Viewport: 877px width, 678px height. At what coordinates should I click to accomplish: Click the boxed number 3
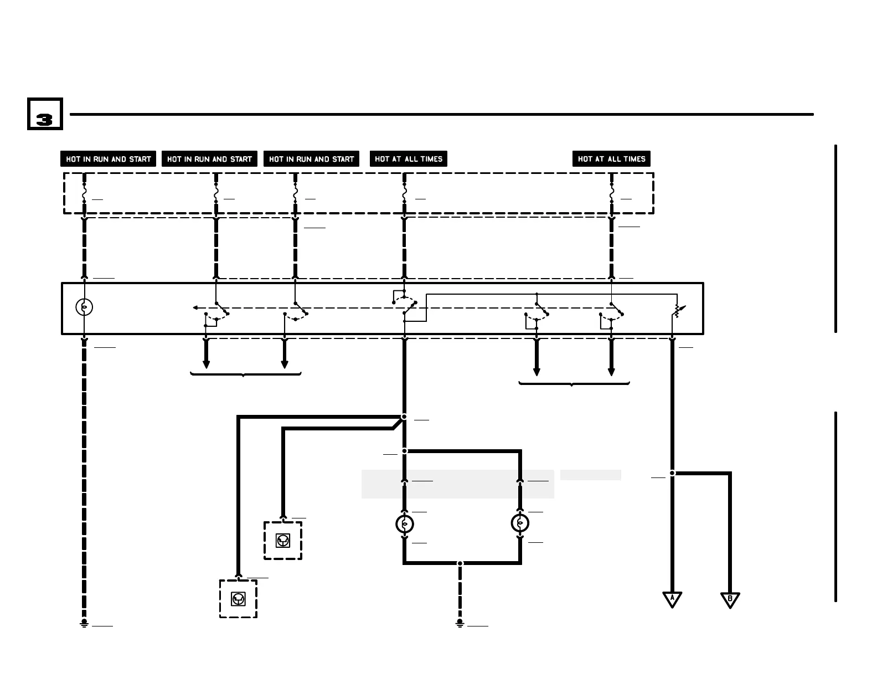tap(45, 115)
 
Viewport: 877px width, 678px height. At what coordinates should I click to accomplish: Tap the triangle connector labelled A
tap(672, 599)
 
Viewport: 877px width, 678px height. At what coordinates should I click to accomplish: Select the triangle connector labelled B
tap(730, 599)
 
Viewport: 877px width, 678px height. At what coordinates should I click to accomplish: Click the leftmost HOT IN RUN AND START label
tap(109, 159)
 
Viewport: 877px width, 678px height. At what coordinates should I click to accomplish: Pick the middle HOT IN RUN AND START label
tap(209, 159)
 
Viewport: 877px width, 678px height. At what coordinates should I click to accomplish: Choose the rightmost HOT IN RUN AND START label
tap(311, 159)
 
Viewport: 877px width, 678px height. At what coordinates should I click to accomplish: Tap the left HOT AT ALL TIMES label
tap(409, 159)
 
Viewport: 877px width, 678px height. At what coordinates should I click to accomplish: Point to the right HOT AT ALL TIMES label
tap(611, 159)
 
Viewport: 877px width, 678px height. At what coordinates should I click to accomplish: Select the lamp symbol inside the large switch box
tap(84, 307)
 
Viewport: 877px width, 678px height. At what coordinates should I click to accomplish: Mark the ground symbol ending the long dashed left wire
tap(84, 624)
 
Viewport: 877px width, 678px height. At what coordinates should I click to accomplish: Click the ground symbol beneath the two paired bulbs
tap(460, 624)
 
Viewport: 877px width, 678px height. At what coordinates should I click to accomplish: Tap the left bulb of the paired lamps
tap(405, 523)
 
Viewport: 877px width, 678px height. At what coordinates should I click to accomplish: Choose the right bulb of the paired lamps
tap(520, 523)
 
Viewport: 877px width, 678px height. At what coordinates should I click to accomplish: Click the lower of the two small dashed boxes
tap(238, 599)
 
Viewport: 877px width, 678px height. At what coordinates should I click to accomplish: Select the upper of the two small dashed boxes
tap(283, 541)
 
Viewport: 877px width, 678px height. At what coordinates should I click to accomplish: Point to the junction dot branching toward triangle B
tap(672, 473)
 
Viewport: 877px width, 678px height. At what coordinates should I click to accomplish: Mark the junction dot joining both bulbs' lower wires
tap(460, 563)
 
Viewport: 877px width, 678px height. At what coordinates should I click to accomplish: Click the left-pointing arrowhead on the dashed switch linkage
tap(195, 307)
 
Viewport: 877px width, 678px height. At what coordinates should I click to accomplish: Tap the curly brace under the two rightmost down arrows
tap(574, 383)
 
